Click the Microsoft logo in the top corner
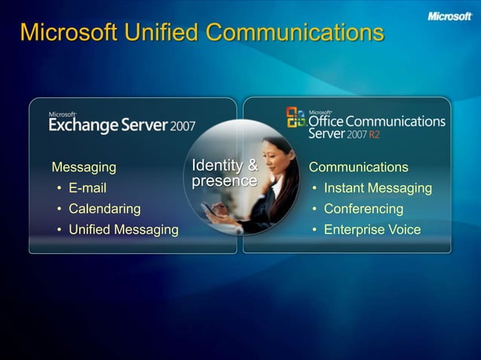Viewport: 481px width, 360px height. [449, 16]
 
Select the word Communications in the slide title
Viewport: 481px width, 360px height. [295, 33]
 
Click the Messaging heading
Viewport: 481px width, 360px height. [84, 167]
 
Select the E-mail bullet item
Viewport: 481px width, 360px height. [87, 188]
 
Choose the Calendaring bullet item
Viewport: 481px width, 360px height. [104, 209]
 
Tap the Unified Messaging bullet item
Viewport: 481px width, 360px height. [124, 230]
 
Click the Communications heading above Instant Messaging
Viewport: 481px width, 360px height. [358, 167]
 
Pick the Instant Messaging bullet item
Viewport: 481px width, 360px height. [378, 188]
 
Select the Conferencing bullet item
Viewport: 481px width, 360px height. [363, 209]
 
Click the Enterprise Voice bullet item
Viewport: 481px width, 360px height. [372, 230]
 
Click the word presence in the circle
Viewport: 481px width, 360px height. [224, 182]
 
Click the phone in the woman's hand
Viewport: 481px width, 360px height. [207, 209]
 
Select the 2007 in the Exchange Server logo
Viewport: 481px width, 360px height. [182, 126]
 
